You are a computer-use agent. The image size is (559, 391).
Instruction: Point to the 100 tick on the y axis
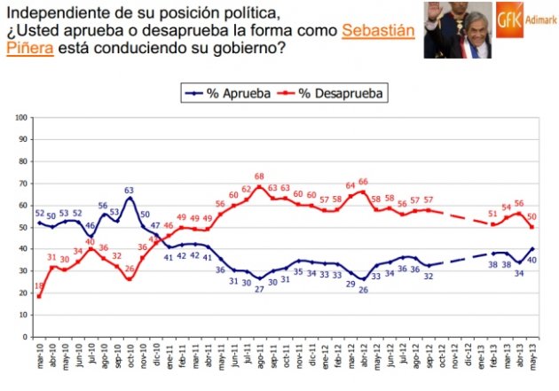click(x=21, y=116)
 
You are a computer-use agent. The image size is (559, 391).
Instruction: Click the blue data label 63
click(x=130, y=190)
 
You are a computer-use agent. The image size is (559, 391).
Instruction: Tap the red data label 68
click(x=260, y=177)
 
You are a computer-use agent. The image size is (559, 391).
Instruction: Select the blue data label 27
click(x=260, y=289)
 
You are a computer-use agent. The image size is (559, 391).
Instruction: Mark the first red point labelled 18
click(x=39, y=297)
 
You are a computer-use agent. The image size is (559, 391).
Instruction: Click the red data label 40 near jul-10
click(x=91, y=241)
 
